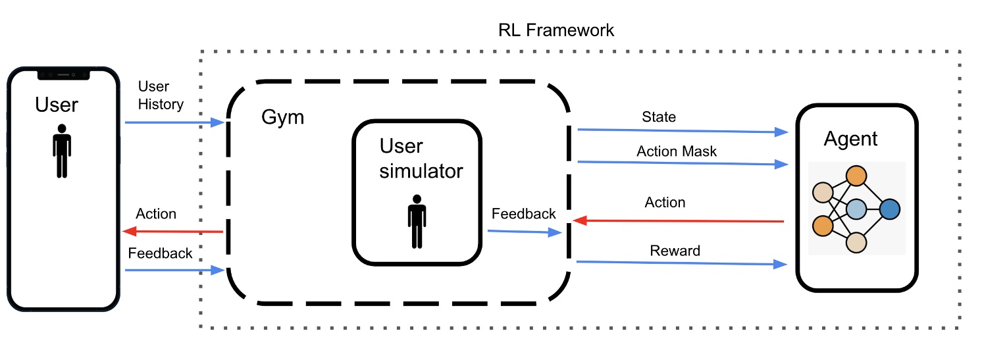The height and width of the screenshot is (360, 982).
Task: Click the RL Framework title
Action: point(556,30)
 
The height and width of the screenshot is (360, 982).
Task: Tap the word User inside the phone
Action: point(57,105)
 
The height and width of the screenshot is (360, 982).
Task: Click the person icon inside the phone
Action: point(61,151)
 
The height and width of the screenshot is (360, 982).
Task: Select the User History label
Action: point(161,95)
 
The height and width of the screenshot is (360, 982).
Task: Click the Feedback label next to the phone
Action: point(160,253)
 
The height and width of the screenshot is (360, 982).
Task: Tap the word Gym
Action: point(283,118)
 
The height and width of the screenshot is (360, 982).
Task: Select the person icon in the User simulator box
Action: point(417,221)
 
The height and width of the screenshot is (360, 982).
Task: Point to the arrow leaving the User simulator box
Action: point(523,232)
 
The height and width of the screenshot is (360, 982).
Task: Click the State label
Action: point(658,117)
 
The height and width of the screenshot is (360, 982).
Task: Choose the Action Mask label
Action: point(677,151)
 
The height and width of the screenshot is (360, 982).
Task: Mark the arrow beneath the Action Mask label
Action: point(681,163)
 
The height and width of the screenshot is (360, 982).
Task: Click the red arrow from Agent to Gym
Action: point(678,221)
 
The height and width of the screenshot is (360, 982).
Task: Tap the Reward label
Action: point(675,251)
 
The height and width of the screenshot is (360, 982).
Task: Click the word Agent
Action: point(850,139)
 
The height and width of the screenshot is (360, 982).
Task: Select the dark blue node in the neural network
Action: point(889,209)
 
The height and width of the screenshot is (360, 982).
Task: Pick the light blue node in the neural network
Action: point(855,209)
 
